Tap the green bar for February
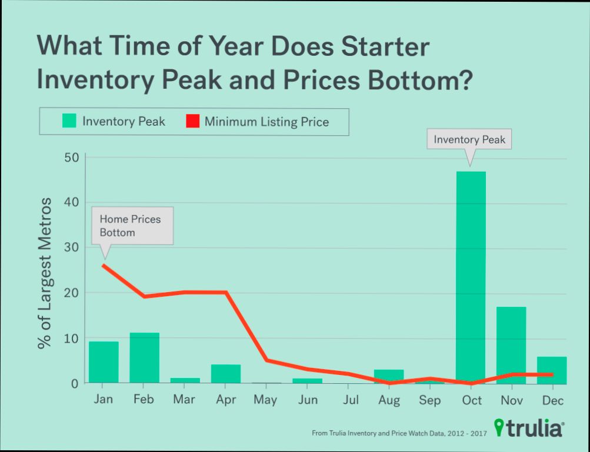click(x=144, y=358)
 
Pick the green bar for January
click(x=104, y=362)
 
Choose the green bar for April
click(x=226, y=374)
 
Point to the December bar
click(x=552, y=370)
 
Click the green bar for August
click(x=389, y=376)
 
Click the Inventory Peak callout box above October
click(x=469, y=140)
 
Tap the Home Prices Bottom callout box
click(x=132, y=226)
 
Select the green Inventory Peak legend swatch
click(x=69, y=122)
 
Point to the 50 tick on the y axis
click(x=71, y=158)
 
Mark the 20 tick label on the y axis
click(x=71, y=293)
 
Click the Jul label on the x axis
click(x=350, y=400)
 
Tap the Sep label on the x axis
click(x=430, y=401)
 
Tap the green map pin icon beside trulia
click(x=499, y=427)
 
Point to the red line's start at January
click(x=104, y=265)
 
